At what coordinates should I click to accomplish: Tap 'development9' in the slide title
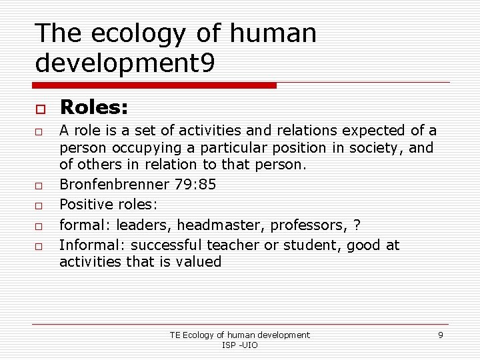pyautogui.click(x=125, y=63)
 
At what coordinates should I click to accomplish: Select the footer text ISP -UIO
pyautogui.click(x=239, y=345)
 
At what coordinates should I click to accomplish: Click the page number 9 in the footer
pyautogui.click(x=440, y=335)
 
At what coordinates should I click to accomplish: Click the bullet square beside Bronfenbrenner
pyautogui.click(x=40, y=185)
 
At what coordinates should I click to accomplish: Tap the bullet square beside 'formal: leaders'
pyautogui.click(x=40, y=227)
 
